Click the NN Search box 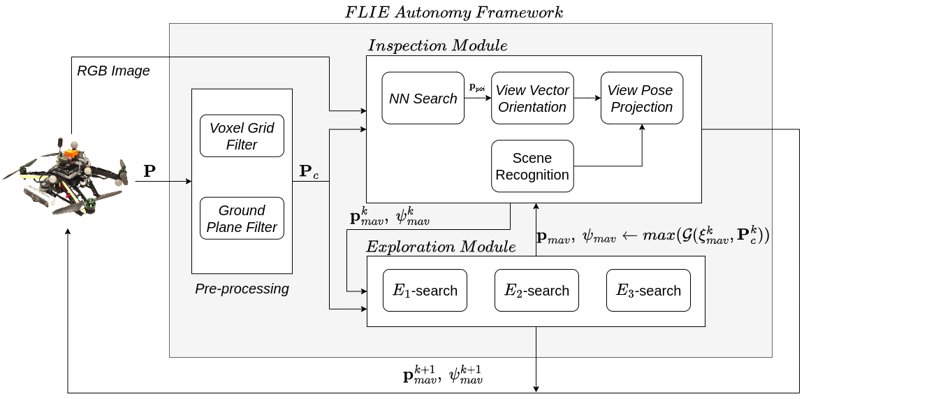coord(423,99)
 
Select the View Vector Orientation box coord(532,99)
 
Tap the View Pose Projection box coord(641,99)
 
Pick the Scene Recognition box coord(532,166)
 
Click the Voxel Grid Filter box coord(242,136)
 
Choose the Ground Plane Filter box coord(242,219)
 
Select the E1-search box coord(425,291)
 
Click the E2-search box coord(536,291)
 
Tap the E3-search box coord(648,291)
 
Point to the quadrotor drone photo coord(68,177)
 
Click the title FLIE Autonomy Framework coord(454,12)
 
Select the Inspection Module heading coord(437,45)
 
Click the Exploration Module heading coord(441,247)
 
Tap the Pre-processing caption coord(242,289)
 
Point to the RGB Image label coord(113,71)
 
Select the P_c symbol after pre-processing coord(309,172)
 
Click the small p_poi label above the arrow coord(478,87)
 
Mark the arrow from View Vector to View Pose coord(587,99)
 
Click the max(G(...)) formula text coord(652,236)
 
